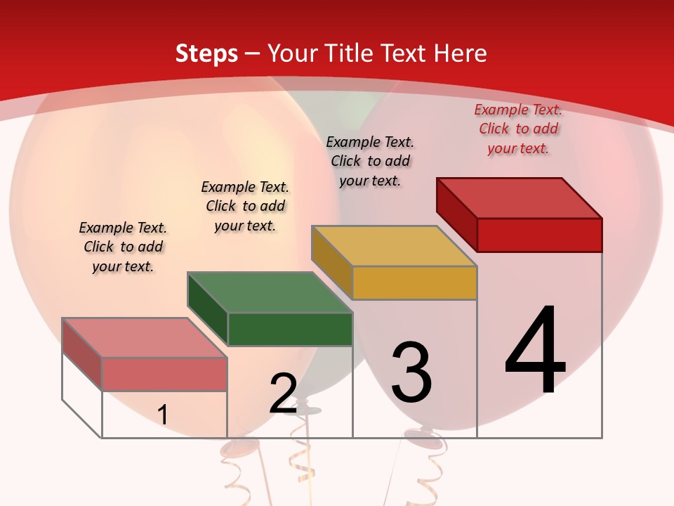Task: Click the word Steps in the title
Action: pyautogui.click(x=206, y=53)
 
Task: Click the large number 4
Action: pyautogui.click(x=535, y=351)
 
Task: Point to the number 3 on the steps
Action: pyautogui.click(x=411, y=372)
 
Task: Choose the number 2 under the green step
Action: pyautogui.click(x=284, y=394)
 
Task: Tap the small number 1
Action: pyautogui.click(x=163, y=415)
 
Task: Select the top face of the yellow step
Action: pyautogui.click(x=394, y=246)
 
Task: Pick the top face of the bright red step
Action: pyautogui.click(x=519, y=198)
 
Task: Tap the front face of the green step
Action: pyautogui.click(x=290, y=329)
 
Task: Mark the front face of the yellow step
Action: pyautogui.click(x=414, y=283)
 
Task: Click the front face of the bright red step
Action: pyautogui.click(x=539, y=235)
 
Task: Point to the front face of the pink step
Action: pyautogui.click(x=164, y=374)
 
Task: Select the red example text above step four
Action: pyautogui.click(x=518, y=129)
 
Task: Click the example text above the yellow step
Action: pyautogui.click(x=370, y=161)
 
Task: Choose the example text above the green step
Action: pyautogui.click(x=245, y=206)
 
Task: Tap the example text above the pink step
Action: pyautogui.click(x=123, y=247)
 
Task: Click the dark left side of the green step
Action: pyautogui.click(x=208, y=309)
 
